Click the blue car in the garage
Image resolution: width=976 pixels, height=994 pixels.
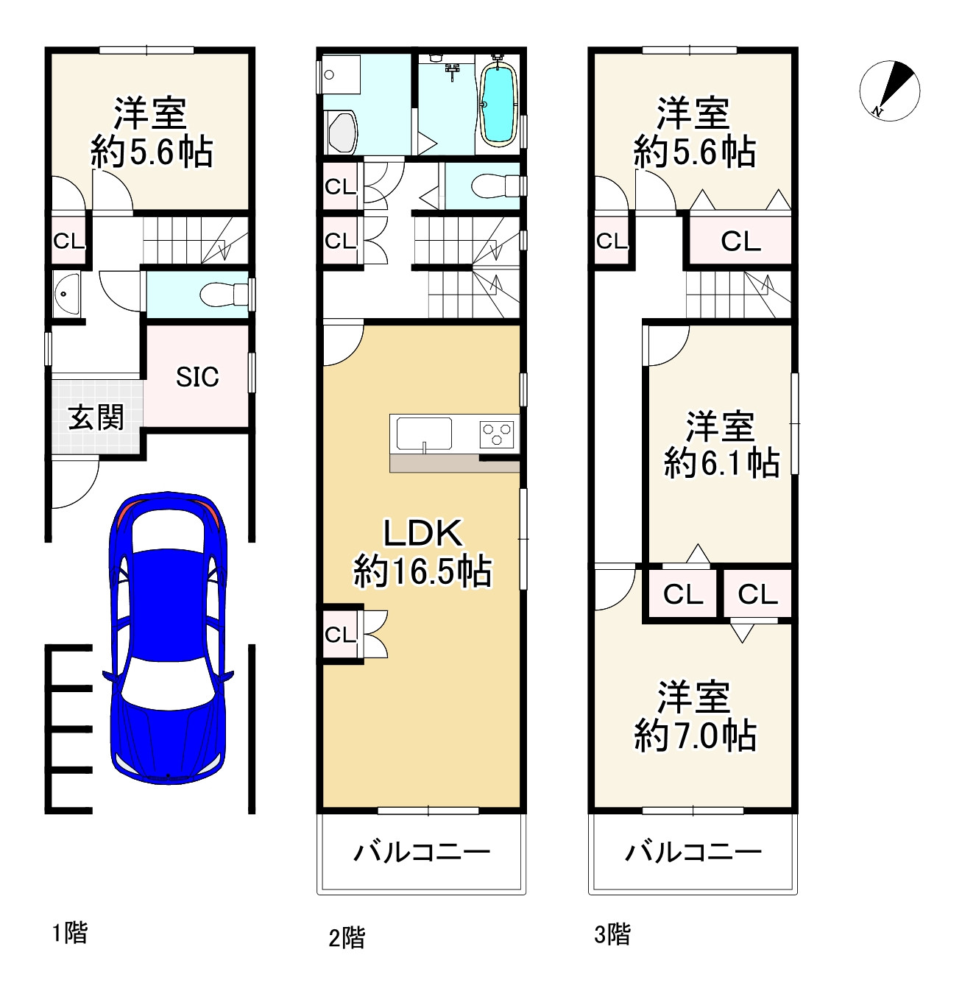click(168, 638)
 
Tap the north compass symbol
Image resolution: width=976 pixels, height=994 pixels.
click(889, 91)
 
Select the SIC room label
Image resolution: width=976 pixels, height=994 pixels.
click(197, 377)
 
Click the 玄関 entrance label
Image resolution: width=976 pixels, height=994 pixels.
click(96, 417)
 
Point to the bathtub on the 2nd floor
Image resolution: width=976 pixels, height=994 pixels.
click(498, 105)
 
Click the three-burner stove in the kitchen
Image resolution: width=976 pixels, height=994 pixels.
click(497, 434)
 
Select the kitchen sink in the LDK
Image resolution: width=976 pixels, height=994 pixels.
click(424, 434)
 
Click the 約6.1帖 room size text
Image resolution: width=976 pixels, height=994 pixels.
click(721, 462)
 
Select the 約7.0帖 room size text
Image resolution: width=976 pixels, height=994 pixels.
click(695, 736)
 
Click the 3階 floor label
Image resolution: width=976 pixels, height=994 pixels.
click(612, 934)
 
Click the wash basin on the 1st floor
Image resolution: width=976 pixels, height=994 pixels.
click(66, 295)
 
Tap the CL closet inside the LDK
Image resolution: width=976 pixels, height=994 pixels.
click(341, 635)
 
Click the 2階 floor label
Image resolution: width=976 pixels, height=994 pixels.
click(347, 937)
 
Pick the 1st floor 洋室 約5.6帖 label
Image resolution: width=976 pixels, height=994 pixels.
click(151, 132)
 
